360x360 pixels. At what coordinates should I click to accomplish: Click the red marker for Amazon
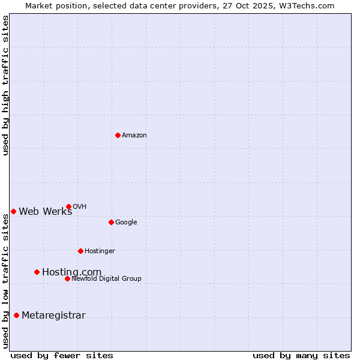coord(118,135)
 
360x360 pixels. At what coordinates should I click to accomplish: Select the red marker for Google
coord(111,222)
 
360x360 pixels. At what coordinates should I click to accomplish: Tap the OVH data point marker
coord(68,206)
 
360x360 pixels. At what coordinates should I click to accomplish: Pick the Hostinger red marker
coord(80,251)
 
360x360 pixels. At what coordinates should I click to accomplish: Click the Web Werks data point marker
coord(13,211)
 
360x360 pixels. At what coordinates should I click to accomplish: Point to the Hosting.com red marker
coord(37,272)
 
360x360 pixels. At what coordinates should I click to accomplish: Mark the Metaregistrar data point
coord(16,315)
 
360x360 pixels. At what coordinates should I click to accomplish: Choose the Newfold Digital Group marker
coord(67,278)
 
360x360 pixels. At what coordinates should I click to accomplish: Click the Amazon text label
coord(134,136)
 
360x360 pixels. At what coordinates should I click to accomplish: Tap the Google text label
coord(126,223)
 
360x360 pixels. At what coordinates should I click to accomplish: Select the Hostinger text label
coord(100,251)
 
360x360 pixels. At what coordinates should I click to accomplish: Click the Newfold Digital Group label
coord(106,278)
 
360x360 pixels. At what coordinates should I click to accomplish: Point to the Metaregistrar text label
coord(53,316)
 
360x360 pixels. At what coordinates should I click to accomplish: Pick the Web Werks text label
coord(45,211)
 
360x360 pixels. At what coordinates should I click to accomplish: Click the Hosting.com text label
coord(71,272)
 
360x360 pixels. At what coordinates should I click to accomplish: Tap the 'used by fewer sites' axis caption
coord(62,355)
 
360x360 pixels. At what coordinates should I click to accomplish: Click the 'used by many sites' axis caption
coord(301,355)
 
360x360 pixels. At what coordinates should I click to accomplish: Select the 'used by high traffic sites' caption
coord(5,86)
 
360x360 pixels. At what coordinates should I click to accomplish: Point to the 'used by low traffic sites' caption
coord(5,281)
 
